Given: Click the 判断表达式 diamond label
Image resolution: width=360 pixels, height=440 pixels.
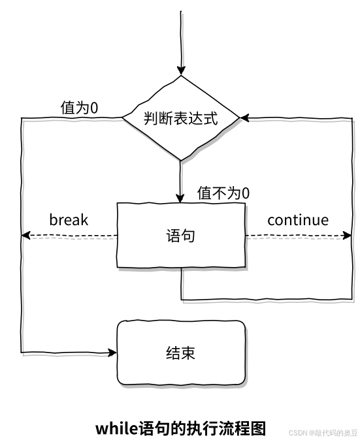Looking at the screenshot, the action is click(180, 118).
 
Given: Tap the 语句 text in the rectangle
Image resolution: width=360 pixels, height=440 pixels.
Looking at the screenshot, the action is click(180, 235).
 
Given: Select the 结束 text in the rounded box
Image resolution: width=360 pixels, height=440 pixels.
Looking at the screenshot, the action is click(180, 353).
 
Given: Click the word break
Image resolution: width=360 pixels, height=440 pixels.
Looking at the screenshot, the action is click(69, 219).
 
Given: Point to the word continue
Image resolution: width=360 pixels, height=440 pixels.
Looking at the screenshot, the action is click(298, 220).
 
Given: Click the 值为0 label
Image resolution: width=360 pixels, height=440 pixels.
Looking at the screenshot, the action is click(80, 108).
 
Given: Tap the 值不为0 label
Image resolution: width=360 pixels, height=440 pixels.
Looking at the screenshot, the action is click(223, 193).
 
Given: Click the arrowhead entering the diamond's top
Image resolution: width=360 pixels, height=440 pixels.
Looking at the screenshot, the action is click(181, 71).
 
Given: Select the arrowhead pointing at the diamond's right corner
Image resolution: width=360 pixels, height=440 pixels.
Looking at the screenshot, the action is click(244, 118).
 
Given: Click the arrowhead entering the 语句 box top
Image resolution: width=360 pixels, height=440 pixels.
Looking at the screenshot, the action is click(180, 198).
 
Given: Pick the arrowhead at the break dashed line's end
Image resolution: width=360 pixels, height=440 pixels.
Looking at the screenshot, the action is click(26, 235).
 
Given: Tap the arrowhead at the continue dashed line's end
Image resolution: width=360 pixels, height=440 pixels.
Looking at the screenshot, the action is click(347, 235).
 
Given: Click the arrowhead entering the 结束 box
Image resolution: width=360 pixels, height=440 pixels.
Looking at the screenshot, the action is click(112, 353).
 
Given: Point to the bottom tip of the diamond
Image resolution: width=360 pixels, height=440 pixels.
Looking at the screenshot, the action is click(180, 161).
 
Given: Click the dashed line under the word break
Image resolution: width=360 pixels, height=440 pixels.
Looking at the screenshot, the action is click(74, 235).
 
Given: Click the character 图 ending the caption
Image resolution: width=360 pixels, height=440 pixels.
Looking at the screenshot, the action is click(258, 428).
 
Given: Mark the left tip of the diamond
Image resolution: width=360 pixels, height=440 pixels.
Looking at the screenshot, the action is click(122, 118).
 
